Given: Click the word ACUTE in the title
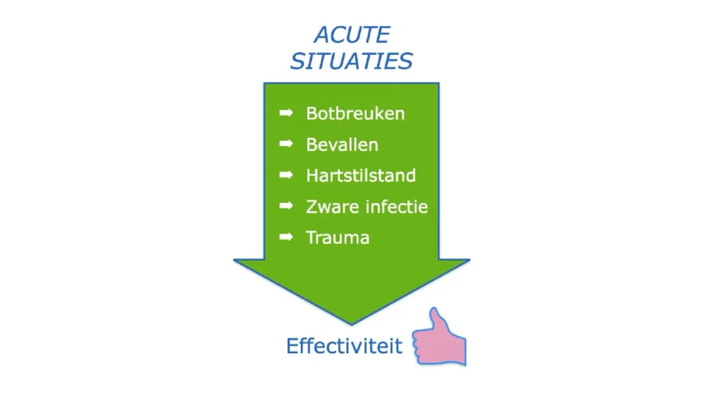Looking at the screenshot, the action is click(352, 35).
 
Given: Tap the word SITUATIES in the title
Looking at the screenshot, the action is click(352, 61).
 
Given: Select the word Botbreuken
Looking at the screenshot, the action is click(356, 113).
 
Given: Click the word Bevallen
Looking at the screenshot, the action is click(342, 145).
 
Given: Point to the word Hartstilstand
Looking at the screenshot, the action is click(361, 176).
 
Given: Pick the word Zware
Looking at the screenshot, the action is click(332, 207).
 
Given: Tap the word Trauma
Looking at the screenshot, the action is click(337, 237).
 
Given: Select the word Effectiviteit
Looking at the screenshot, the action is click(344, 346).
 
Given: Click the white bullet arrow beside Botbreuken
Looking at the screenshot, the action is click(286, 113).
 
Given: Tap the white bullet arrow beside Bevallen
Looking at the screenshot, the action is click(286, 144).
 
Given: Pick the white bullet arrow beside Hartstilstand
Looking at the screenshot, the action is click(286, 175).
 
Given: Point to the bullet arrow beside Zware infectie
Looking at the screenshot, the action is click(286, 206).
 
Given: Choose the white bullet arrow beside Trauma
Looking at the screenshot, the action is click(286, 237).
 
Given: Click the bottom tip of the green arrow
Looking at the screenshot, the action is click(352, 324).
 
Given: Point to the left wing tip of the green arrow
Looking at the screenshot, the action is click(234, 260).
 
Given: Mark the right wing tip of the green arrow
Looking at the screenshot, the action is click(469, 260).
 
